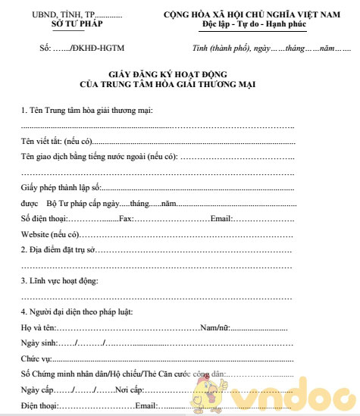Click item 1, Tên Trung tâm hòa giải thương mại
(x=86, y=111)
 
